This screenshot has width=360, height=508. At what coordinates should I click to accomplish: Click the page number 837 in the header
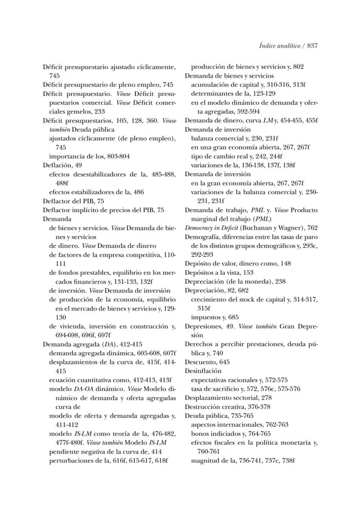pos(310,46)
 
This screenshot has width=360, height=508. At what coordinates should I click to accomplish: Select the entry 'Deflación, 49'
pos(62,165)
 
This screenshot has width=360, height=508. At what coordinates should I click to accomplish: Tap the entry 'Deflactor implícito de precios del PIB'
pos(103,210)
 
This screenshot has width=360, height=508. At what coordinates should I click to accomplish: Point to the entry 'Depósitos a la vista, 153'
pos(219,273)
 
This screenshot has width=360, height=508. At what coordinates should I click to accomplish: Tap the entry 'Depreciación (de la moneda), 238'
pos(235,281)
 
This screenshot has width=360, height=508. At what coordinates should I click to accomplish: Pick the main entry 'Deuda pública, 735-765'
pos(214,415)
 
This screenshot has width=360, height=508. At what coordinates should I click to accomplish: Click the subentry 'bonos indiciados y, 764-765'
pos(230,434)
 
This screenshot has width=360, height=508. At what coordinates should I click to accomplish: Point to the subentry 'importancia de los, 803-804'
pos(89,156)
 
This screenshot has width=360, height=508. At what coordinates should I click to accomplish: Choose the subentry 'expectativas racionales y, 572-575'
pos(239,380)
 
